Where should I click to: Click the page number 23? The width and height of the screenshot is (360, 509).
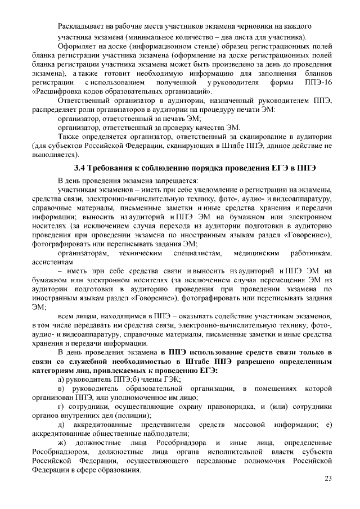(328, 478)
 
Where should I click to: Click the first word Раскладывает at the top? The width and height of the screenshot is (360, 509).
(82, 26)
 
